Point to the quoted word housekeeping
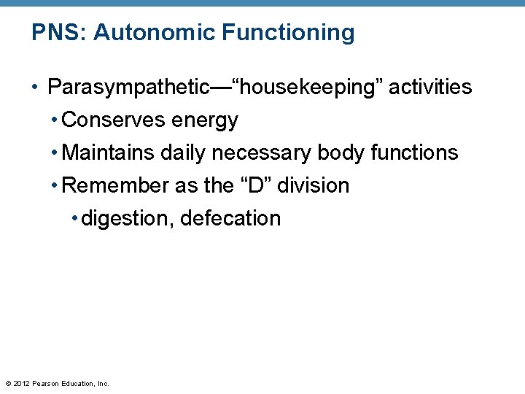point(307,88)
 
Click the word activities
point(430,88)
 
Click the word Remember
point(116,185)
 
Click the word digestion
point(127,219)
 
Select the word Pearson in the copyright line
point(47,383)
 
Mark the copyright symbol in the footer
point(8,383)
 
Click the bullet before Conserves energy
point(55,120)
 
